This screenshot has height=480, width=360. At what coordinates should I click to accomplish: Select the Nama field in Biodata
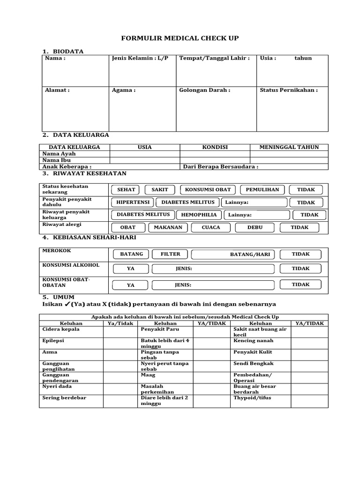point(75,70)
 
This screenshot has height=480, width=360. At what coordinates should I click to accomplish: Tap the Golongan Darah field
point(216,108)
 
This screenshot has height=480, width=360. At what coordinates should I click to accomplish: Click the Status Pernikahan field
point(292,108)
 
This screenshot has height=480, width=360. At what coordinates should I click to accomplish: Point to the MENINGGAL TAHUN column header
point(289,147)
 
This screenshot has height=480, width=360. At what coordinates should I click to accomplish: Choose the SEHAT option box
point(126,190)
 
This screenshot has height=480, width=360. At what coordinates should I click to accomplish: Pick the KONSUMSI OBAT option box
point(208,190)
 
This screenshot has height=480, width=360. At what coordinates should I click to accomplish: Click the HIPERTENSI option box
point(133,202)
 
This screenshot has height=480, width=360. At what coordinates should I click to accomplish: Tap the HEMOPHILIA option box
point(199,215)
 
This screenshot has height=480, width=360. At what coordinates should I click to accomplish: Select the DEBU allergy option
point(255,228)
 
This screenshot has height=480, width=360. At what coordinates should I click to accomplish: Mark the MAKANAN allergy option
point(168,228)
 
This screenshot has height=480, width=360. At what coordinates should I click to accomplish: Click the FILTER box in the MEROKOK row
point(170,255)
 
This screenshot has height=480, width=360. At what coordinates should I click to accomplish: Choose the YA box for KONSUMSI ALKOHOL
point(130,269)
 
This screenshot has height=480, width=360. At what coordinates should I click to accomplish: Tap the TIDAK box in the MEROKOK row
point(300,255)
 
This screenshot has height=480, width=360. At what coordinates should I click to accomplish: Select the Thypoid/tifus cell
point(252,398)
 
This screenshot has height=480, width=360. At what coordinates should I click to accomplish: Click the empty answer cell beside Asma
point(120,355)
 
